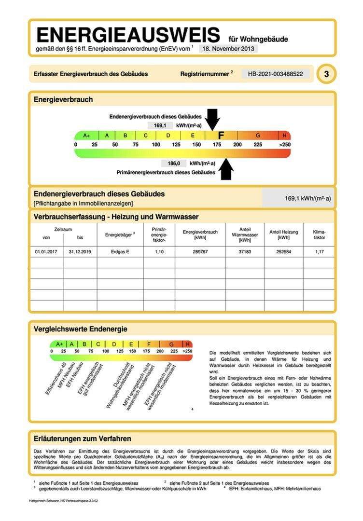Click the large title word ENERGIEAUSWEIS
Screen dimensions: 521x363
point(128,35)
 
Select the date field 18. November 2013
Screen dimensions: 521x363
point(228,49)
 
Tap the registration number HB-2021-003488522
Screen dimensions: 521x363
point(276,74)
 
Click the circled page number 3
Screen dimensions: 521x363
point(327,74)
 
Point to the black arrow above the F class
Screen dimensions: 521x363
point(212,119)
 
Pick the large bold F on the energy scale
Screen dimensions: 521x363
point(221,136)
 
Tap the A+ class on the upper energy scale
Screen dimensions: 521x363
point(86,136)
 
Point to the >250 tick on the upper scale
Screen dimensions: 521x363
point(285,145)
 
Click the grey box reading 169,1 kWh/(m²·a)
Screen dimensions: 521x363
point(297,198)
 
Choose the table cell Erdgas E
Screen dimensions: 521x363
point(120,252)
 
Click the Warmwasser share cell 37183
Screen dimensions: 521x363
point(245,252)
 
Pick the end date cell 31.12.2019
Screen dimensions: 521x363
point(80,252)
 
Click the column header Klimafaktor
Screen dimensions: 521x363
point(319,234)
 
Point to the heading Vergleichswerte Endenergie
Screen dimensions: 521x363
point(80,329)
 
